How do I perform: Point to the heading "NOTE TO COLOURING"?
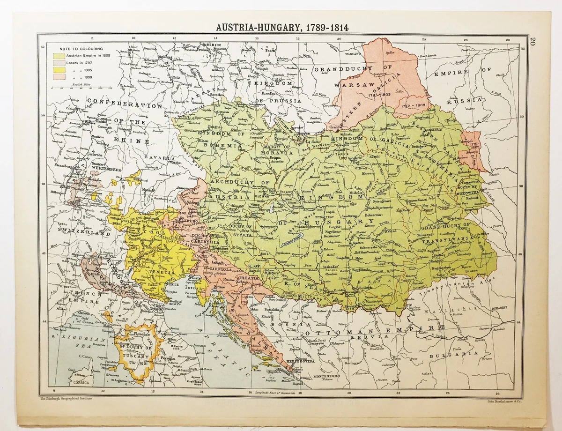(81, 48)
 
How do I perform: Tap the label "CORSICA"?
(71, 382)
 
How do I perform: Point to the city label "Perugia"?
(168, 358)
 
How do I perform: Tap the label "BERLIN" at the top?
(214, 45)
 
